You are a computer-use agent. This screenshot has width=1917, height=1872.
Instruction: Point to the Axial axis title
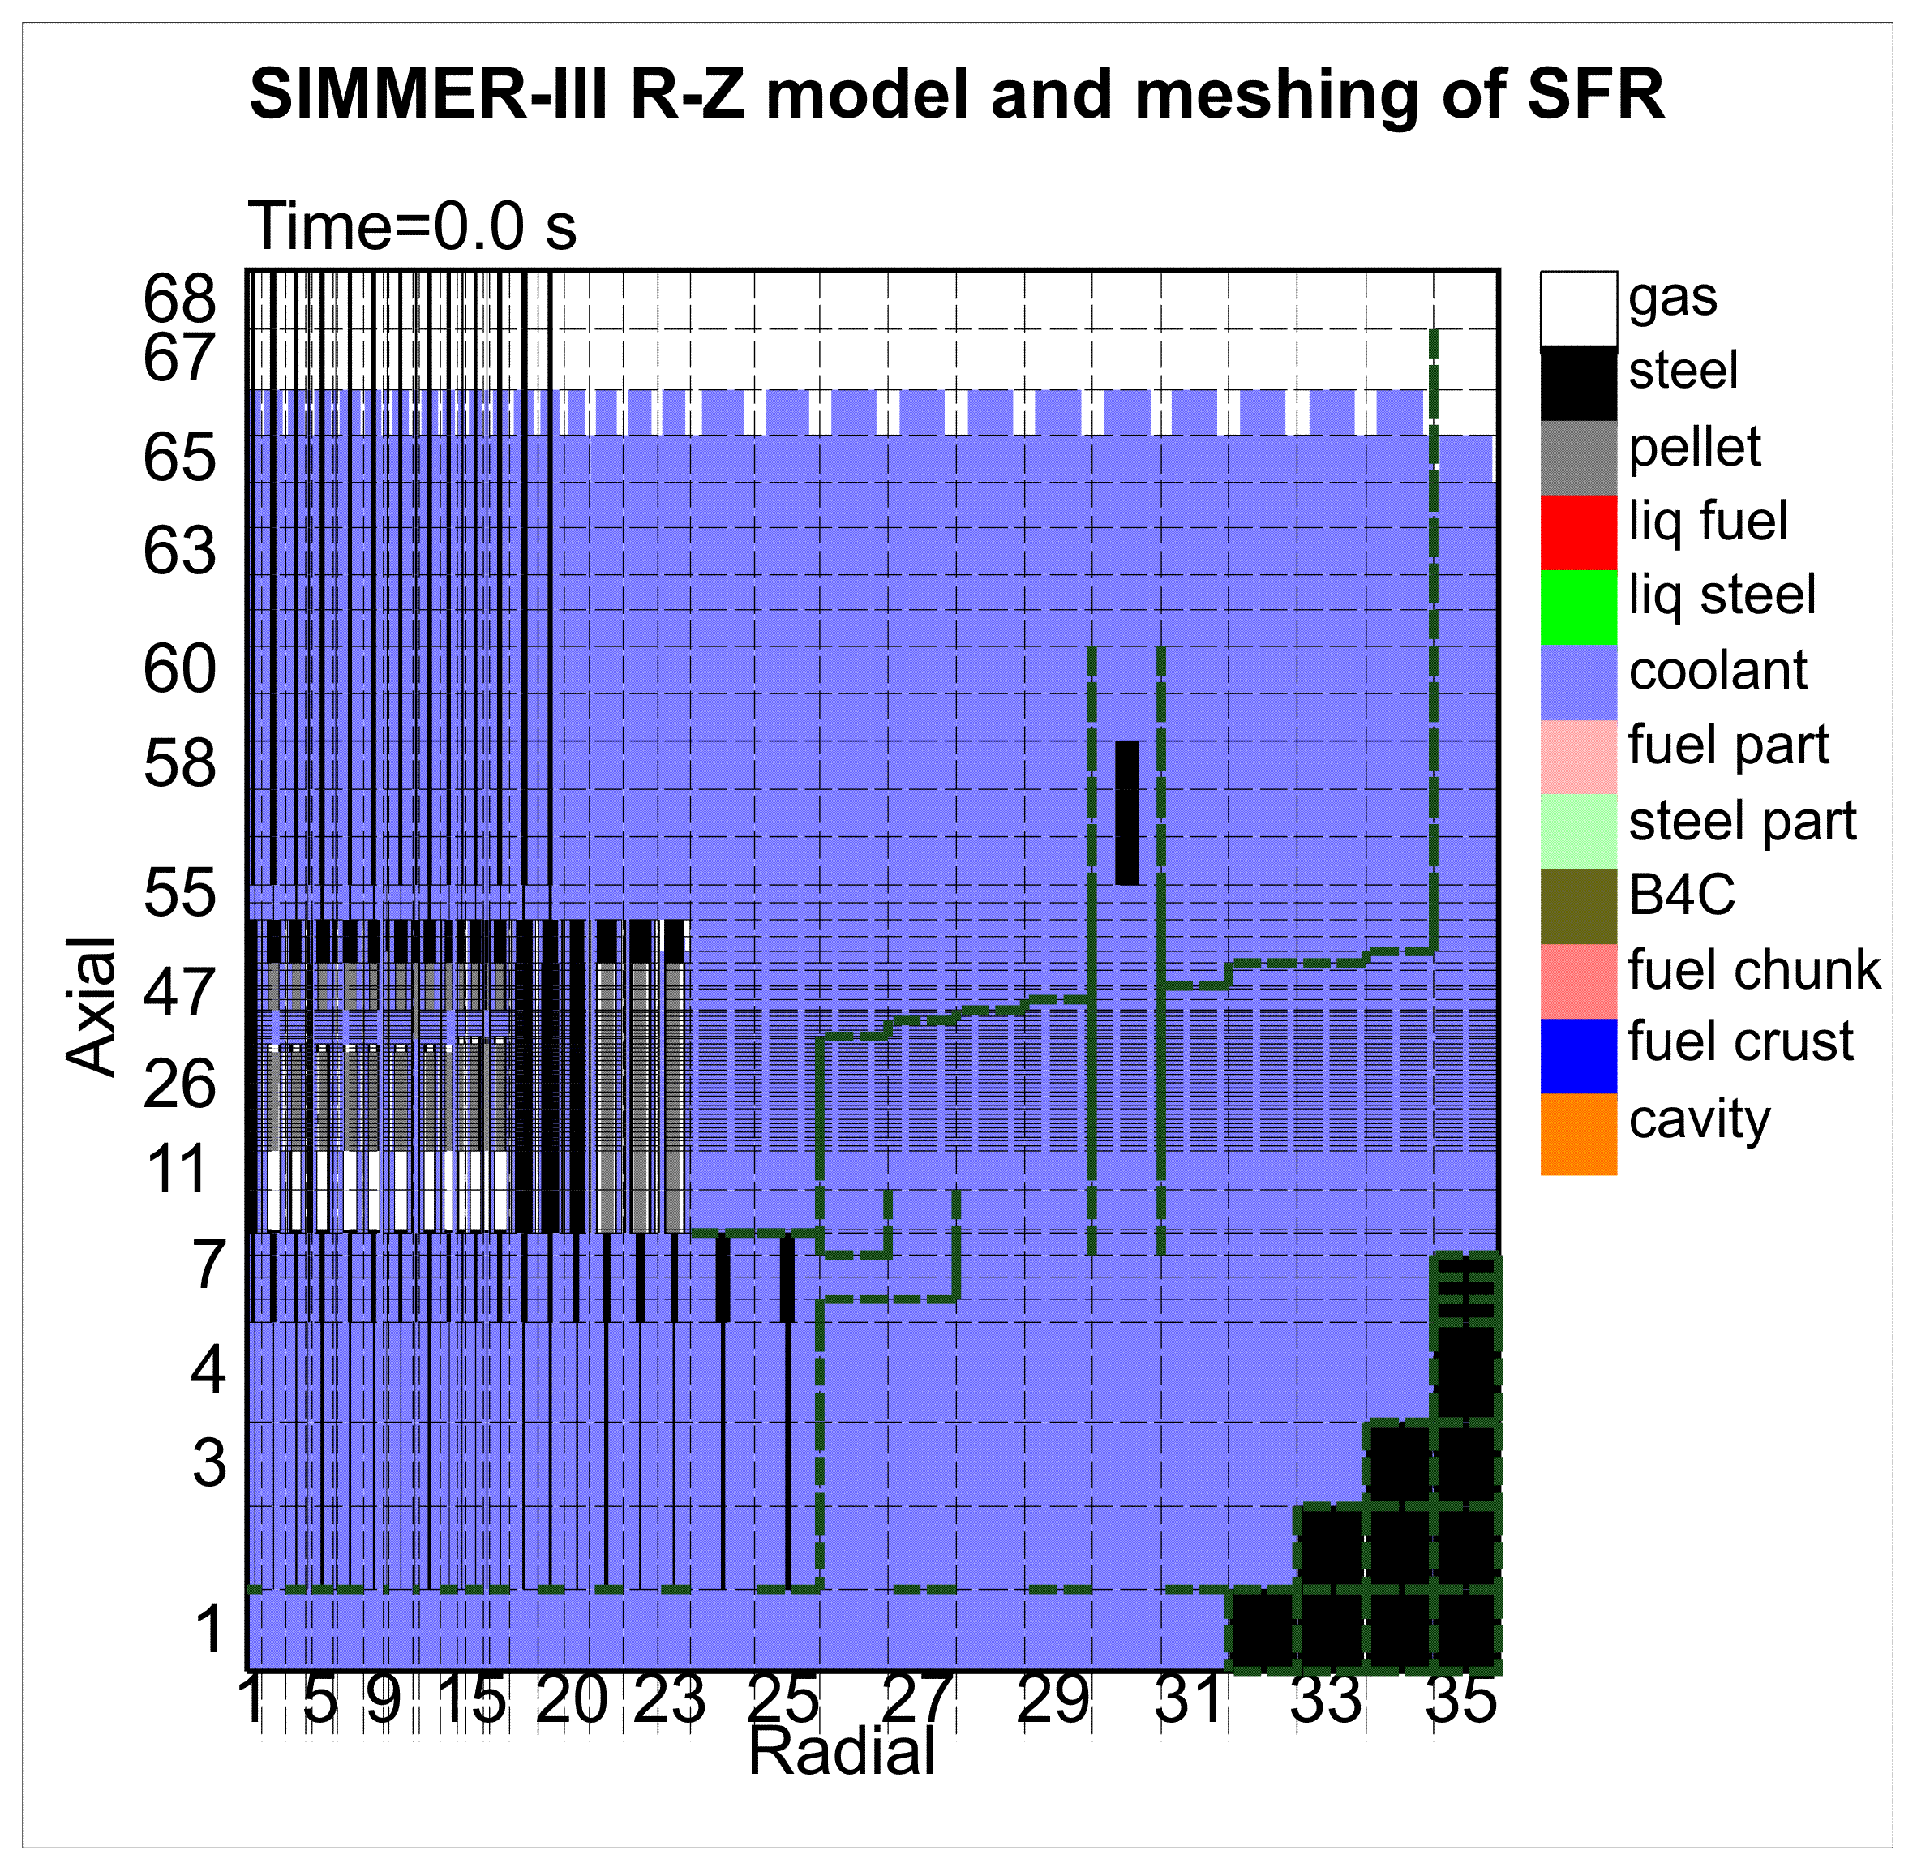[91, 1007]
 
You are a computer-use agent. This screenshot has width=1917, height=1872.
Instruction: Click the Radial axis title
[842, 1752]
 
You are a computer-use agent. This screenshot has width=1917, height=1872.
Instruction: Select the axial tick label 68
[179, 298]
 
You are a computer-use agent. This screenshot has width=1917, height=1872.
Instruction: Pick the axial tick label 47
[179, 993]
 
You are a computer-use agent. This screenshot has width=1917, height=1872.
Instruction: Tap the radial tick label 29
[1053, 1700]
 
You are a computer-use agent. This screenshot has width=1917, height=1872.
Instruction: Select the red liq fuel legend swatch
[1578, 532]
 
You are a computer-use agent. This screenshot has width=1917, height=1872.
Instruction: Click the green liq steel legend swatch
[1578, 607]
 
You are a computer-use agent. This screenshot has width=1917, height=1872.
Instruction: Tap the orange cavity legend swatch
[1578, 1134]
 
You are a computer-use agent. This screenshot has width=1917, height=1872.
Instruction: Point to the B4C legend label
[1681, 895]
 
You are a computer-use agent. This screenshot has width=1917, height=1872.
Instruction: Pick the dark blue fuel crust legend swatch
[1578, 1056]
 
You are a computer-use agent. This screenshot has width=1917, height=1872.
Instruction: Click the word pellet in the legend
[1695, 448]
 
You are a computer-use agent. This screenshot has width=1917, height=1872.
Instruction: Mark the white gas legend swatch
[1578, 307]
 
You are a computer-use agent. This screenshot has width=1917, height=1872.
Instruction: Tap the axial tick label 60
[179, 671]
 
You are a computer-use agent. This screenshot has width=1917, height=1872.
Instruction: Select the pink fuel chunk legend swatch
[1578, 981]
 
